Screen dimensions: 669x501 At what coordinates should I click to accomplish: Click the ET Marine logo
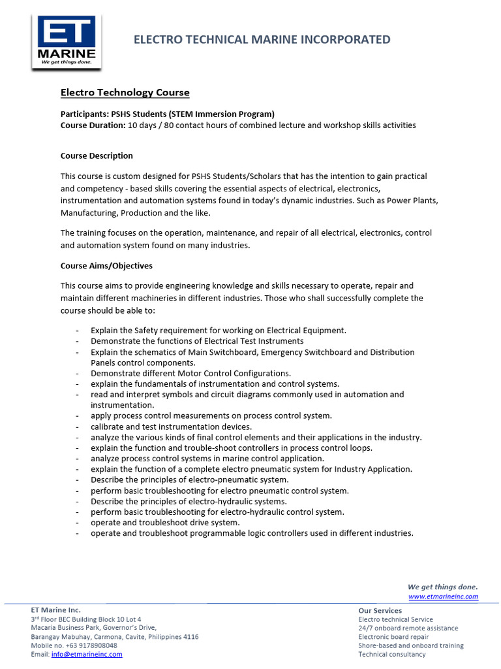66,41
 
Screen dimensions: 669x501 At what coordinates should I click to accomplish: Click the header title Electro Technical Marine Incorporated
262,40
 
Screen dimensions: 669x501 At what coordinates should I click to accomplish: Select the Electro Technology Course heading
125,93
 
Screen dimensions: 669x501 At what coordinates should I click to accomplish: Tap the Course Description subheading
97,155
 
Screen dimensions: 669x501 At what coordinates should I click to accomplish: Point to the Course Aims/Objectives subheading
106,266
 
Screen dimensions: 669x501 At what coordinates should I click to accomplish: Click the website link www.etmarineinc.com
443,596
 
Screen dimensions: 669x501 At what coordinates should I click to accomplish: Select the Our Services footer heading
380,610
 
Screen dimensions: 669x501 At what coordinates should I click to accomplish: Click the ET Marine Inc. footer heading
56,610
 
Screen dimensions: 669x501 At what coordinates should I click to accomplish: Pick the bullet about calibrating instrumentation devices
171,427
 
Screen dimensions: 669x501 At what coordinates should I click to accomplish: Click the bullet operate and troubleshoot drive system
165,522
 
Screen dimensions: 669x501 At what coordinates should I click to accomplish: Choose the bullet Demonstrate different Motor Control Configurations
190,373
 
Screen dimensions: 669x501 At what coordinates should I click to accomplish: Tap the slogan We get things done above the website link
442,587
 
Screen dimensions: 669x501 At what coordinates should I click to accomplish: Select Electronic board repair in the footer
393,637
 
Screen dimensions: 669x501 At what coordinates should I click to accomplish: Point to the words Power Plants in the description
412,201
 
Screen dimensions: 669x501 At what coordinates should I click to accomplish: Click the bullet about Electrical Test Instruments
197,341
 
